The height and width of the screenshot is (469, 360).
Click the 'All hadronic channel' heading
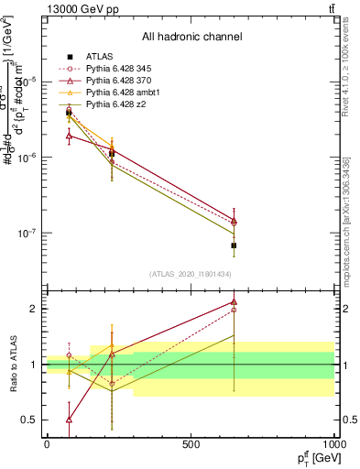pos(191,38)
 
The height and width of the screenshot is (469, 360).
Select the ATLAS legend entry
pos(101,56)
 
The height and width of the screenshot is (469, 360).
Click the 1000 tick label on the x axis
pos(333,445)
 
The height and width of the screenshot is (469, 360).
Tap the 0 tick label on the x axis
pos(47,445)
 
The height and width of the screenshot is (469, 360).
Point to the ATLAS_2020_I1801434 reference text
pos(191,274)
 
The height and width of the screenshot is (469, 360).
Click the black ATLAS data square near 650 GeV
pos(234,245)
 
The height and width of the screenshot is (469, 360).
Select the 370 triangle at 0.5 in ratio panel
pos(70,420)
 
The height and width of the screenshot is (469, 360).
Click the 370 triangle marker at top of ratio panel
pos(234,301)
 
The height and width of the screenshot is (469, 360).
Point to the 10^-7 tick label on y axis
pos(26,234)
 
